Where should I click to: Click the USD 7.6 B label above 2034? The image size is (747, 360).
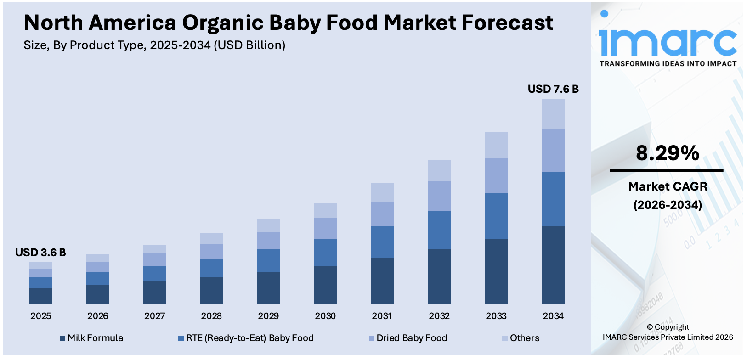[x=553, y=89]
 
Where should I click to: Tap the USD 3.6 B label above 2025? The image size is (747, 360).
[x=40, y=253]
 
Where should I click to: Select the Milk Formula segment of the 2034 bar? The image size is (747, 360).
[x=553, y=264]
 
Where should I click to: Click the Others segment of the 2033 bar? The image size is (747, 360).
[x=496, y=145]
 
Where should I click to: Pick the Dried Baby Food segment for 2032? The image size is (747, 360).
[x=439, y=196]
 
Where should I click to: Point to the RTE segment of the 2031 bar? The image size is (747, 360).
[x=382, y=242]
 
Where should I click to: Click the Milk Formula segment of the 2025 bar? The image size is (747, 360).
[x=40, y=296]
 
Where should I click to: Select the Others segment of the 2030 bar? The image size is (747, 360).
[x=325, y=210]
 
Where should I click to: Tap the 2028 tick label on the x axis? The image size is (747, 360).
[x=211, y=316]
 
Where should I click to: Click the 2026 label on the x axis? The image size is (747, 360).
[x=97, y=316]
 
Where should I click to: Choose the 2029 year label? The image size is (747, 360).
[x=268, y=316]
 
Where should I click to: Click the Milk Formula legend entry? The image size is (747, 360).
[x=95, y=338]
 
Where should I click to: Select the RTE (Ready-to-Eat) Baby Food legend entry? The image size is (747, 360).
[x=249, y=338]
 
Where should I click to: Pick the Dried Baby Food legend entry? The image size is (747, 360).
[x=411, y=338]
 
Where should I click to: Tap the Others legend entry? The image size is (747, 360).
[x=524, y=338]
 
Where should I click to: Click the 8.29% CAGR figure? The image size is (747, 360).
[x=667, y=153]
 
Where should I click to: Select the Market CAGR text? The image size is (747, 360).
[x=668, y=186]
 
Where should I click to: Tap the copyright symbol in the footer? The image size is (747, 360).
[x=650, y=327]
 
